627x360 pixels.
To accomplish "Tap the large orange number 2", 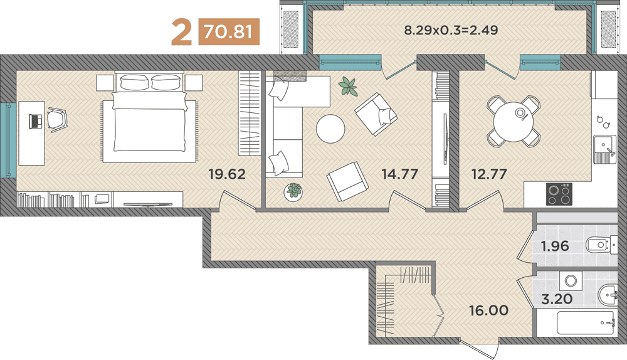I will point(181,33).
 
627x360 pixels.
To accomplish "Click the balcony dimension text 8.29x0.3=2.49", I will point(451,30).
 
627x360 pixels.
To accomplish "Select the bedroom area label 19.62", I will point(226,174).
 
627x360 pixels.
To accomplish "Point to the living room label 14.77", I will point(399,174).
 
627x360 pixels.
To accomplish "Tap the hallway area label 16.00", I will point(489,310).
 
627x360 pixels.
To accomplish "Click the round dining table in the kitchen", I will point(514,120).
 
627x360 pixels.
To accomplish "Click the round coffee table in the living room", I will point(330,129).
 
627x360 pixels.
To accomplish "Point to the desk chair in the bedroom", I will point(57,119).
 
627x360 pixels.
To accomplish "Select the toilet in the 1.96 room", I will point(598,244).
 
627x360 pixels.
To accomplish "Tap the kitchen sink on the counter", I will point(604,149).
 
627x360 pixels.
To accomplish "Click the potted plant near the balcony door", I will point(347,86).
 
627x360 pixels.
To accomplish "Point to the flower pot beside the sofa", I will point(293,192).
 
